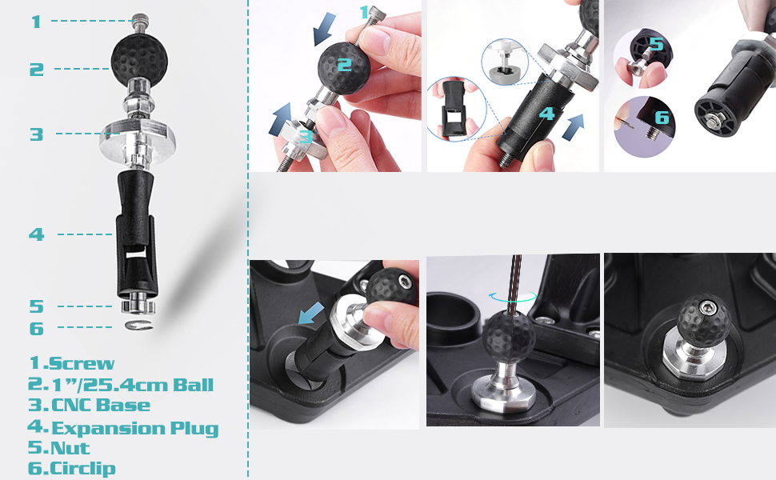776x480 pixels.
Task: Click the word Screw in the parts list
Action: (82, 363)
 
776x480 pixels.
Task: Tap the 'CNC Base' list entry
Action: (100, 406)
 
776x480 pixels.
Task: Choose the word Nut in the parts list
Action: (70, 449)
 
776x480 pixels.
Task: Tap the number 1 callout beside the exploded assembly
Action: (35, 22)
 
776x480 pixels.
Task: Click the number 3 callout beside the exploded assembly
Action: (36, 134)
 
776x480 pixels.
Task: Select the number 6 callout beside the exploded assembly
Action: (36, 328)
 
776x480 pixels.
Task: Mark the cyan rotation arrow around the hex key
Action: (513, 295)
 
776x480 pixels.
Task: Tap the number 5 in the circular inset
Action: (656, 44)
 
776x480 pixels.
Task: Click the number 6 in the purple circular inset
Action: (662, 117)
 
